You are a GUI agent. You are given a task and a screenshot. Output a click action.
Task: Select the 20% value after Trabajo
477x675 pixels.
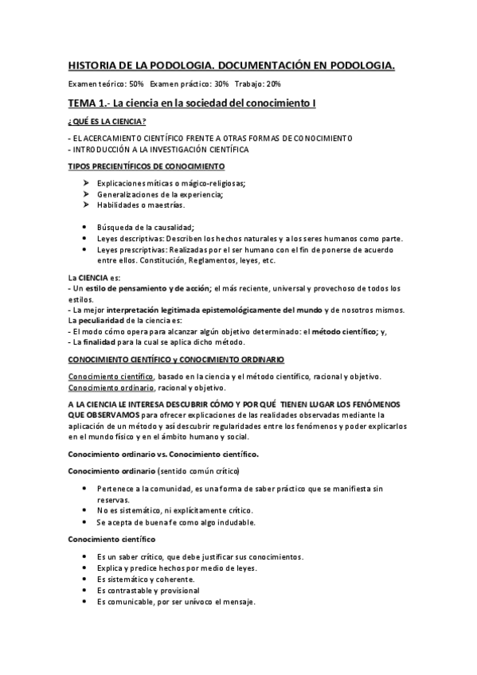[x=271, y=84]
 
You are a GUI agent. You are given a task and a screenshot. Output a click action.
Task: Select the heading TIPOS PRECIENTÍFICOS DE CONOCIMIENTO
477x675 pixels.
[x=147, y=166]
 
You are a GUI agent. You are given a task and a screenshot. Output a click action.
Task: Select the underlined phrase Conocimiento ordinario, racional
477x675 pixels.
[x=102, y=387]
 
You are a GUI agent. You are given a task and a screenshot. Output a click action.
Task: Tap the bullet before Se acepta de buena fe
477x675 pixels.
[x=85, y=522]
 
